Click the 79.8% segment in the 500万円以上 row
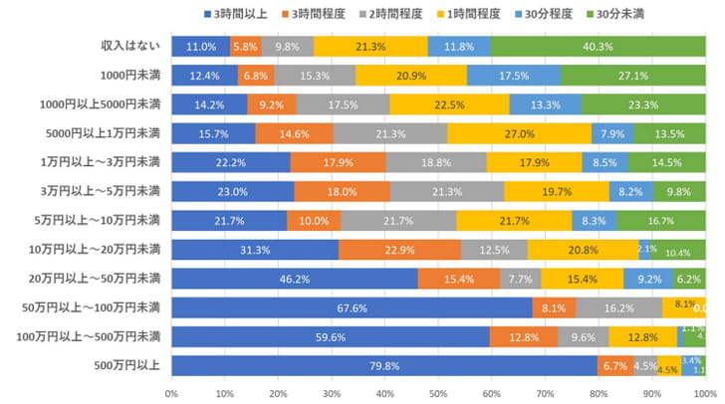pos(383,366)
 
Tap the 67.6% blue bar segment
pos(352,307)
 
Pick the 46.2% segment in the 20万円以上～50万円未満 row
pos(294,279)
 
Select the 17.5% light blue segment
pos(513,75)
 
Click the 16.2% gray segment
pos(618,307)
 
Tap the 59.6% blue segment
pos(330,337)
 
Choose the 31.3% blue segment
pos(255,250)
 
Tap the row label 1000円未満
pos(127,75)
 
